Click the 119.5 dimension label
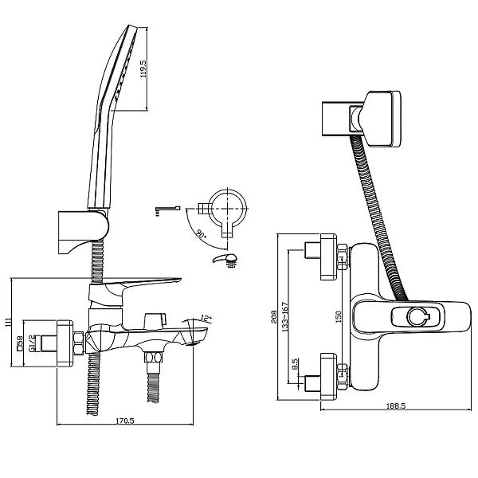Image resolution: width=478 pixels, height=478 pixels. point(143,69)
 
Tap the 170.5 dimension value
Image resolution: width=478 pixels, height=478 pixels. point(125,421)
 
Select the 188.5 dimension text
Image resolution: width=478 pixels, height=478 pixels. point(396,406)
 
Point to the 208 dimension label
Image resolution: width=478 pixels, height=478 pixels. point(274,316)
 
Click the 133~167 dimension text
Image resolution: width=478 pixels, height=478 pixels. point(285,317)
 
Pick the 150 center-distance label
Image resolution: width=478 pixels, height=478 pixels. point(338,317)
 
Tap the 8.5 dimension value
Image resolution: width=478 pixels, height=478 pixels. point(295,364)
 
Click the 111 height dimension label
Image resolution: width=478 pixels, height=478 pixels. point(8,322)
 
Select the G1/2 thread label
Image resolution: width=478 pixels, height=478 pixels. point(31,343)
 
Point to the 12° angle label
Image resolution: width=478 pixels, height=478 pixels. point(206,319)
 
